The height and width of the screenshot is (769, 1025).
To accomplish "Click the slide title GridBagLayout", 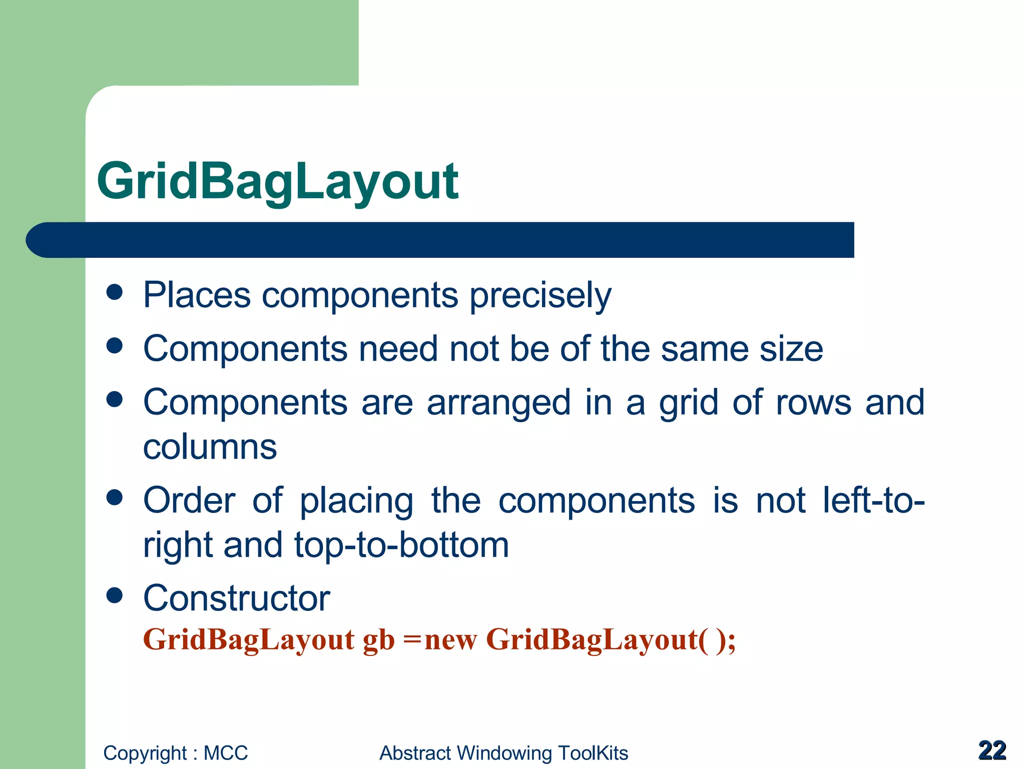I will click(277, 181).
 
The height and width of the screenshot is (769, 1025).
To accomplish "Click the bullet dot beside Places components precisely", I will click(115, 292).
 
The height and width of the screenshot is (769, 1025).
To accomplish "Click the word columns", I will click(210, 447).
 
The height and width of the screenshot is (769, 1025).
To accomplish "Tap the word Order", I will click(189, 500).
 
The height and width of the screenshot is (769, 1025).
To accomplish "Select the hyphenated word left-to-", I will click(873, 500).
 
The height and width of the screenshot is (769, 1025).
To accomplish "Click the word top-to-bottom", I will click(401, 545).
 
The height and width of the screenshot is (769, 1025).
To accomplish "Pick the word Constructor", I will click(236, 598).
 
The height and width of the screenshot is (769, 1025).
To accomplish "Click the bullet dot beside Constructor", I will click(115, 595).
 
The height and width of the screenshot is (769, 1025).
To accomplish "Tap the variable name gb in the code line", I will click(378, 640).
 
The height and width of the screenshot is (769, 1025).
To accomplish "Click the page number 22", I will click(992, 750).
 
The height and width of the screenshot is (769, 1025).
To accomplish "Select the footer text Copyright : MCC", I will click(175, 753).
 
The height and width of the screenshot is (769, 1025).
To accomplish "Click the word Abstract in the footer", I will click(415, 753).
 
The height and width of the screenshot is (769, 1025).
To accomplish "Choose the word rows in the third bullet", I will click(813, 403).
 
